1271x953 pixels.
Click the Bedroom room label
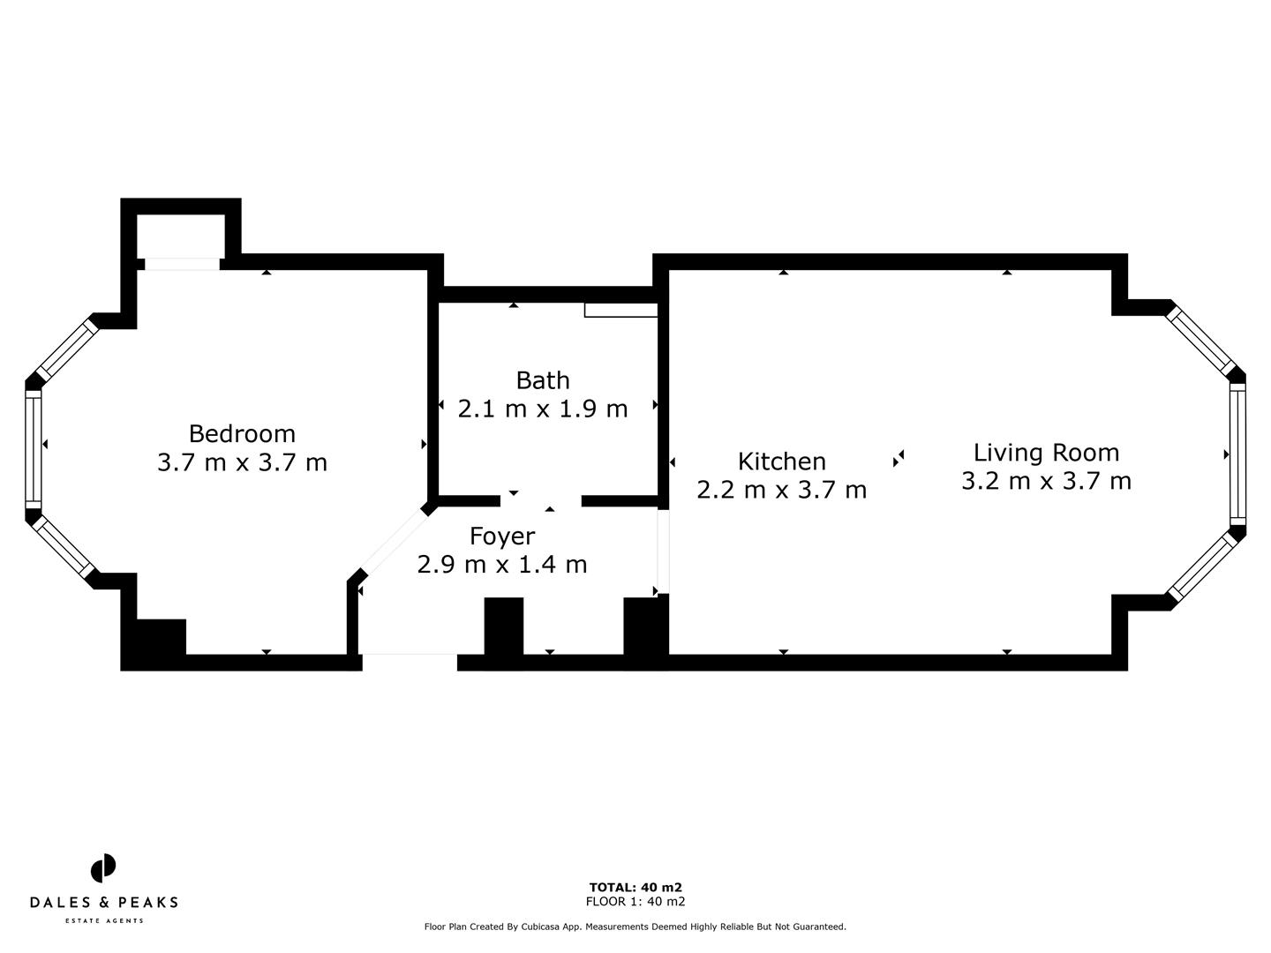click(242, 433)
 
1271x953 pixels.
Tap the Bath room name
click(542, 380)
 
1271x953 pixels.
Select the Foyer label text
click(501, 536)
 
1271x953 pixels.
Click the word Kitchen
click(781, 461)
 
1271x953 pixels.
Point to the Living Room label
click(1046, 452)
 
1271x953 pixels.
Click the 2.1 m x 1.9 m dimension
click(542, 409)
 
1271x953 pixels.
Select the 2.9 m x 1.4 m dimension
click(501, 564)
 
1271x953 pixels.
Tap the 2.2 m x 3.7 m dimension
click(781, 489)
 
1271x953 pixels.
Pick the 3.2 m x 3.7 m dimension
click(1046, 481)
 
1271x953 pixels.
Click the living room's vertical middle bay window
click(1237, 454)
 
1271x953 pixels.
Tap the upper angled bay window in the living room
click(1200, 341)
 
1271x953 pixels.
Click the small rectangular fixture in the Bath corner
click(620, 310)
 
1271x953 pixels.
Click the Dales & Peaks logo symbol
click(103, 868)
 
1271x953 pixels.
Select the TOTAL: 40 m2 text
click(635, 887)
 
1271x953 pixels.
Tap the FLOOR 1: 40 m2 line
click(635, 901)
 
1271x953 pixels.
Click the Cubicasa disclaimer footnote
click(635, 927)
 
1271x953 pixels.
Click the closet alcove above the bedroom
click(181, 235)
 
